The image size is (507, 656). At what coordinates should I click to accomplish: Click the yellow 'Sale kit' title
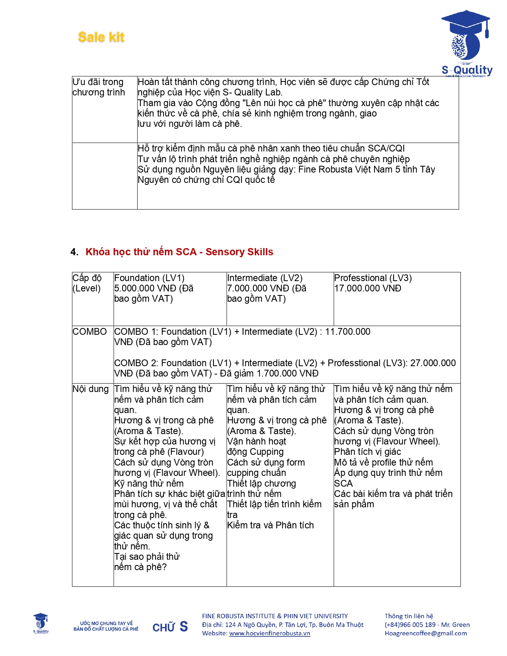point(101,37)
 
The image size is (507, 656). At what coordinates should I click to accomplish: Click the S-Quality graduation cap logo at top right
point(466,44)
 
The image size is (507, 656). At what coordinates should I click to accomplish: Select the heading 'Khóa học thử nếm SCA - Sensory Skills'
point(179,252)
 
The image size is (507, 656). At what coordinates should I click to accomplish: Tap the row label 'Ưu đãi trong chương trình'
point(99,87)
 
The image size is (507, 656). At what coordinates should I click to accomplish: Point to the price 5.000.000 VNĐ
point(145,288)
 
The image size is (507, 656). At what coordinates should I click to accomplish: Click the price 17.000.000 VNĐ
point(367,288)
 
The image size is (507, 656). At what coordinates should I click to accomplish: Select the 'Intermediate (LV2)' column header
point(264,278)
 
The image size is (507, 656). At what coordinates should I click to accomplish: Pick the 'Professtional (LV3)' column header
point(373,278)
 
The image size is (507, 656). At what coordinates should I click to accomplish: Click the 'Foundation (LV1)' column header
point(149,278)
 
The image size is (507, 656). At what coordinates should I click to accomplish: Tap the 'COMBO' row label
point(89,332)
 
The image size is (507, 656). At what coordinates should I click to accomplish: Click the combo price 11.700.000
point(348,332)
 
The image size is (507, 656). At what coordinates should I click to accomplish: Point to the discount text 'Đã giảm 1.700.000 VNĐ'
point(269,373)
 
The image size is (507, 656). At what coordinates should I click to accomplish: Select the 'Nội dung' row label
point(90,389)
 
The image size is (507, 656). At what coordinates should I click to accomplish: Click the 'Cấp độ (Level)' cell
point(87,283)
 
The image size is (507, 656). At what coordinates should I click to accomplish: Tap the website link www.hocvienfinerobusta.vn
point(270,633)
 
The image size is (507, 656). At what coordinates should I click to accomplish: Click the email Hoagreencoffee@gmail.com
point(425,633)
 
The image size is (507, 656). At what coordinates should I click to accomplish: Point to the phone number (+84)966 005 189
point(410,625)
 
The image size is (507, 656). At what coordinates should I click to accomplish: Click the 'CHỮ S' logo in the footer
point(170,627)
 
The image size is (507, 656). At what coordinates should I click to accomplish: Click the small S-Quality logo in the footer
point(41,623)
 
